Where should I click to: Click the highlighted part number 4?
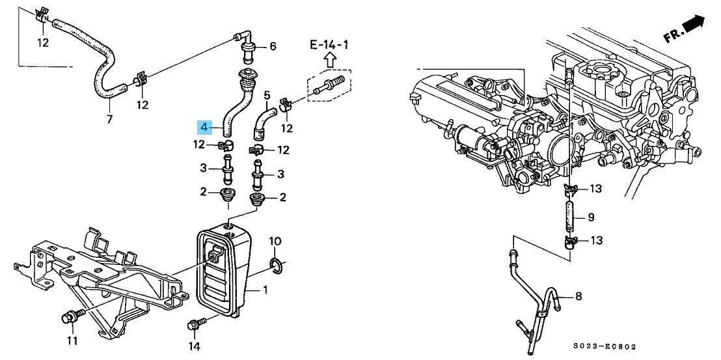click(204, 126)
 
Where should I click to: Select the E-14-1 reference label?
click(329, 44)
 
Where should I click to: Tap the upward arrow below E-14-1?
click(329, 61)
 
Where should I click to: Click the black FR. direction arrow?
click(694, 25)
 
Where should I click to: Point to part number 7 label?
click(109, 118)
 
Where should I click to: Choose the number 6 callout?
click(273, 46)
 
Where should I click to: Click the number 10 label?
click(275, 242)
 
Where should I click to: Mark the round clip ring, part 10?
click(275, 265)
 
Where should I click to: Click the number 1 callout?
click(265, 289)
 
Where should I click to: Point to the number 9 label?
click(591, 217)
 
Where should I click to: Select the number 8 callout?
click(577, 297)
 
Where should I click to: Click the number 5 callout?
click(267, 96)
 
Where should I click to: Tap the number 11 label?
click(72, 340)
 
